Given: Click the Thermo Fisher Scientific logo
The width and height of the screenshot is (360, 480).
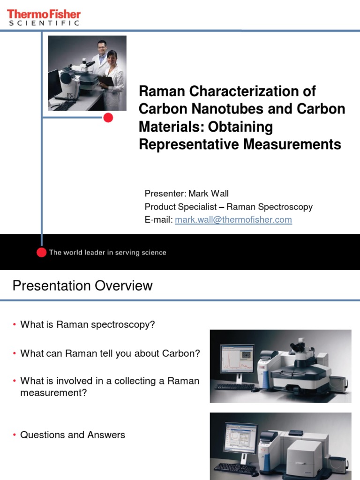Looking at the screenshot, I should click(44, 17).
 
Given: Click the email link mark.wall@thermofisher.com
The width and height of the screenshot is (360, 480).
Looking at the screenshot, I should click(233, 220).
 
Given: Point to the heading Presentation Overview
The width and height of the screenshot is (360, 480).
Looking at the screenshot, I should click(82, 285).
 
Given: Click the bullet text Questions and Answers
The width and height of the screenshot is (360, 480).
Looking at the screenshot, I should click(73, 435).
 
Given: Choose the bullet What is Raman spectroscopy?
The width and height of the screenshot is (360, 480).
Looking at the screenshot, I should click(88, 324).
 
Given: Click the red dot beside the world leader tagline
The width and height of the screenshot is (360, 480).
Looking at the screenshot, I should click(42, 252).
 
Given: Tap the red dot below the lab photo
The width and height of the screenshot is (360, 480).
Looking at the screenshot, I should click(108, 118).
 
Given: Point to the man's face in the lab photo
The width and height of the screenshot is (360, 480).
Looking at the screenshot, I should click(102, 47).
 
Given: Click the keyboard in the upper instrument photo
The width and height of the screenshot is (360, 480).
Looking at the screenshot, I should click(234, 387).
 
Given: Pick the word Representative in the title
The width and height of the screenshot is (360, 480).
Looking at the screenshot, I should click(189, 145).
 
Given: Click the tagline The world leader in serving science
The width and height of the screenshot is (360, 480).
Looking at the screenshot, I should click(107, 252).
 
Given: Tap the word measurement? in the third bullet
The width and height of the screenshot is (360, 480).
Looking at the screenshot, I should click(53, 393).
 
